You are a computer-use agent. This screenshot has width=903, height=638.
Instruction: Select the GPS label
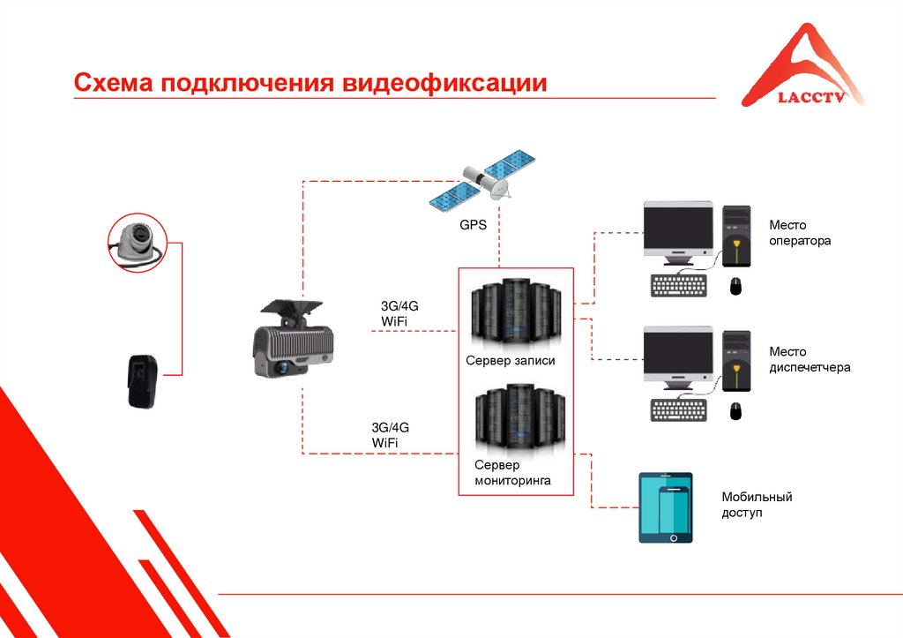coord(473,225)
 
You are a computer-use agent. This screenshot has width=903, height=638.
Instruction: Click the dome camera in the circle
coord(136,238)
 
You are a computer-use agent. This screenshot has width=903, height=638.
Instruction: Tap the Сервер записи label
coord(511,361)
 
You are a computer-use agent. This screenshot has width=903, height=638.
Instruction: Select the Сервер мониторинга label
coord(512,473)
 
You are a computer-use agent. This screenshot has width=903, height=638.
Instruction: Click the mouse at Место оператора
coord(735,286)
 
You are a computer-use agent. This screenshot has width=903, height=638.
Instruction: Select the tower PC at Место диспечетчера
coord(736,362)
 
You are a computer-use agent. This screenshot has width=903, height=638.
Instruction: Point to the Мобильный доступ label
coord(756,504)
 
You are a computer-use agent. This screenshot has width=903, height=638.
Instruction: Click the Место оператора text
coord(799,232)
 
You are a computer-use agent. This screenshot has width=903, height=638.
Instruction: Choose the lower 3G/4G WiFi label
coord(391,434)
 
